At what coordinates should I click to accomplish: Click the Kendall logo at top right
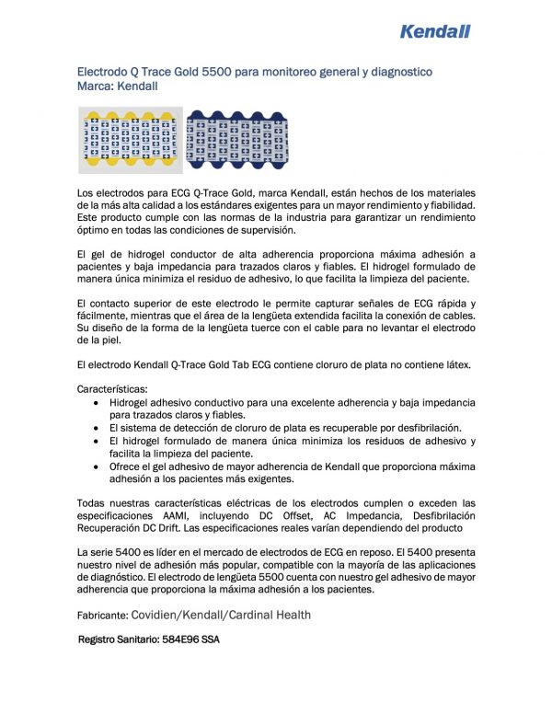pyautogui.click(x=435, y=31)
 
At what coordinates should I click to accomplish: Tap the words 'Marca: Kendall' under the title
pyautogui.click(x=118, y=86)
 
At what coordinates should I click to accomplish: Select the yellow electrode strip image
pyautogui.click(x=130, y=141)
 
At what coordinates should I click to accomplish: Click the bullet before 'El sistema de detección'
pyautogui.click(x=99, y=428)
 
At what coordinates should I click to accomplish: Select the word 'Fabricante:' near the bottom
pyautogui.click(x=102, y=615)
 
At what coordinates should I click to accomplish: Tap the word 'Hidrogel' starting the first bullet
pyautogui.click(x=132, y=402)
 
